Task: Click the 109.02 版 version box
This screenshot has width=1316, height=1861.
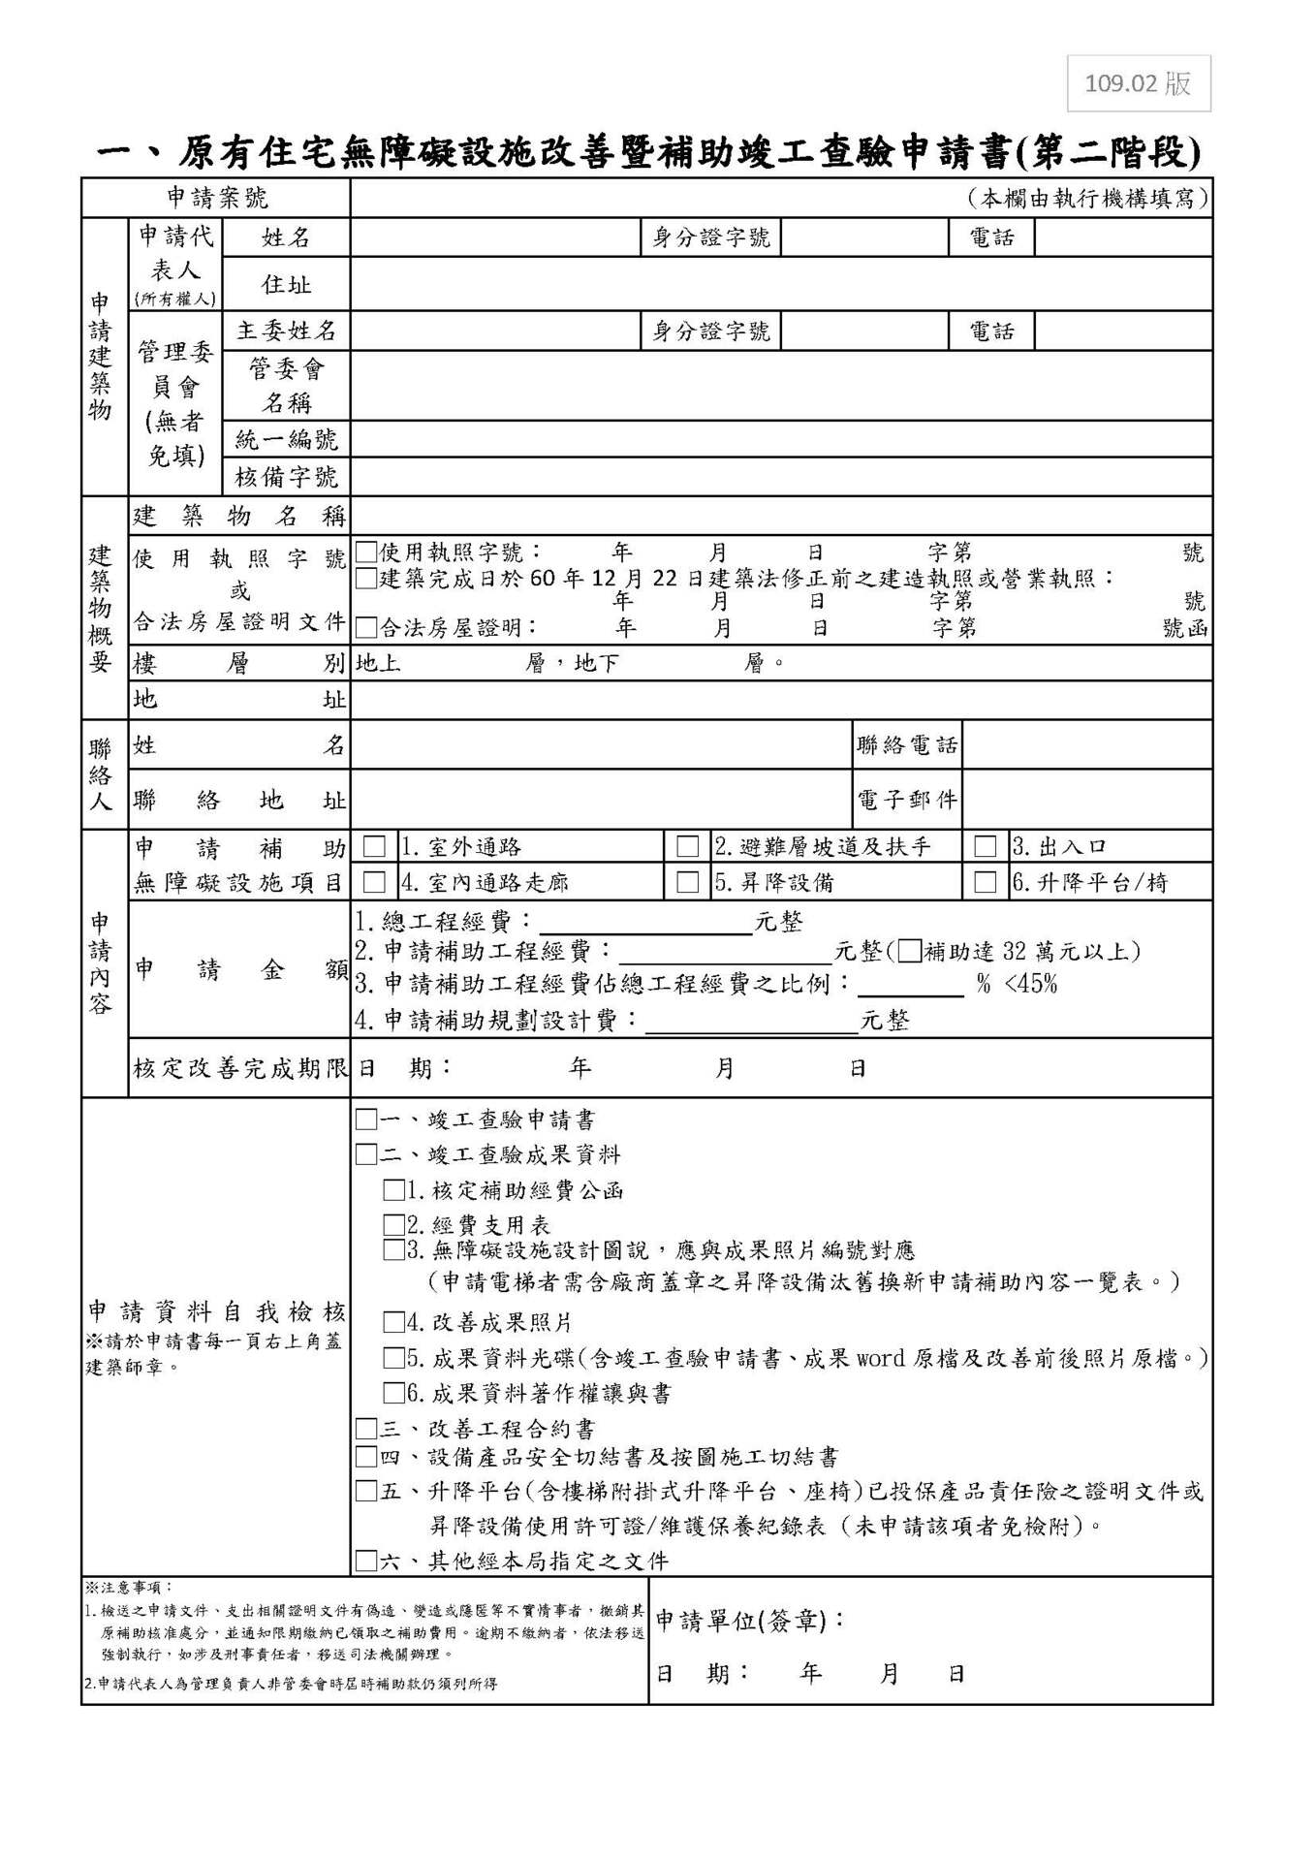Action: coord(1138,83)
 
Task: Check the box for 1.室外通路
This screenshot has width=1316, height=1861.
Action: coord(373,846)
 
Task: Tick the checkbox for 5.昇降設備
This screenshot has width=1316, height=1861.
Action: coord(687,882)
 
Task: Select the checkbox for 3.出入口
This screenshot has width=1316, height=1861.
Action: coord(985,846)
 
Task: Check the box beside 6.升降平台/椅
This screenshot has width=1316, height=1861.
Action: coord(985,882)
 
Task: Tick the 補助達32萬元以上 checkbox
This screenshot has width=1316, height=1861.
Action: coord(909,951)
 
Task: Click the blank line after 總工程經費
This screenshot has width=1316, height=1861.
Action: coord(645,923)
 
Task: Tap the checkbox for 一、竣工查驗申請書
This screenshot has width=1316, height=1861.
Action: coord(365,1120)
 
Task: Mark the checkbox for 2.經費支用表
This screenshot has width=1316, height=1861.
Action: coord(393,1225)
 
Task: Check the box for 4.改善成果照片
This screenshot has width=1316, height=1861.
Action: coord(393,1322)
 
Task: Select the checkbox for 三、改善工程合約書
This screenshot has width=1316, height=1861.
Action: coord(365,1429)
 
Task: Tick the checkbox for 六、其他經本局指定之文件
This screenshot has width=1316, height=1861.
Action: coord(365,1561)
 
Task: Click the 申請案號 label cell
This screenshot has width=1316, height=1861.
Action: coord(217,199)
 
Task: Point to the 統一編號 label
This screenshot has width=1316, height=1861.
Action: coord(286,440)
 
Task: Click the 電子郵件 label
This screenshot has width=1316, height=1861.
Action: coord(907,800)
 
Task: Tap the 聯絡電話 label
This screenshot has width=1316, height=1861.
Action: coord(907,745)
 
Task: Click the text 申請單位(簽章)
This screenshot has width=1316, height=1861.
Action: coord(750,1621)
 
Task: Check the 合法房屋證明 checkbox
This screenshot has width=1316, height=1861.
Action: coord(365,628)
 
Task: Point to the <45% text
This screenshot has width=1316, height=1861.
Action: coord(1031,985)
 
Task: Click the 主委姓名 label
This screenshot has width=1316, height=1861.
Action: coord(286,331)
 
